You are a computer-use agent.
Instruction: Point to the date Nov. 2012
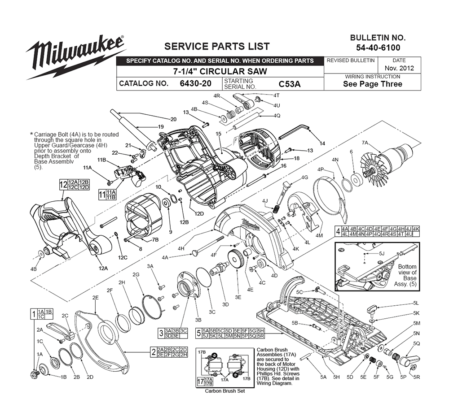point(399,69)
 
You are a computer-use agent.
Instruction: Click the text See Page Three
point(373,84)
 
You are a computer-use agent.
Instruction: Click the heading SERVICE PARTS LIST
point(217,46)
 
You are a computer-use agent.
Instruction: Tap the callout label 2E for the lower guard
point(95,297)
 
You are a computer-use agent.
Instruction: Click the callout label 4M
point(319,235)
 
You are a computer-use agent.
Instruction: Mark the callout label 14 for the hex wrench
point(322,143)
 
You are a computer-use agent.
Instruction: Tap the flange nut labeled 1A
point(35,373)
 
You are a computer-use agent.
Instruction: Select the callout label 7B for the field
point(155,239)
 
